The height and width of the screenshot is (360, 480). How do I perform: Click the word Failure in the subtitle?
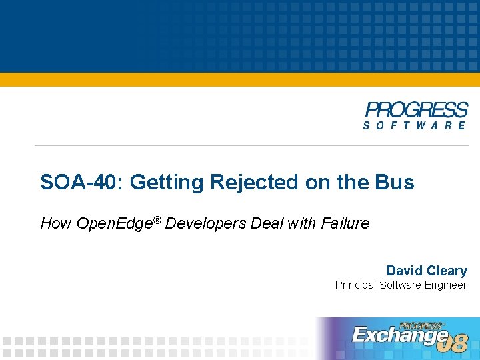coord(345,223)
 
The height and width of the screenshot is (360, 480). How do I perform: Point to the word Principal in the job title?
coord(356,285)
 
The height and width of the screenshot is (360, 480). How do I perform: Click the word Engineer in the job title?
coord(445,285)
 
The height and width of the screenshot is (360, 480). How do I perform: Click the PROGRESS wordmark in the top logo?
coord(416,110)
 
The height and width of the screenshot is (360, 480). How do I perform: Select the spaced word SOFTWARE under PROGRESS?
coord(415,125)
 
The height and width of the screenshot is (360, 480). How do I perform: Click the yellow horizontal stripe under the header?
coord(240,79)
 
